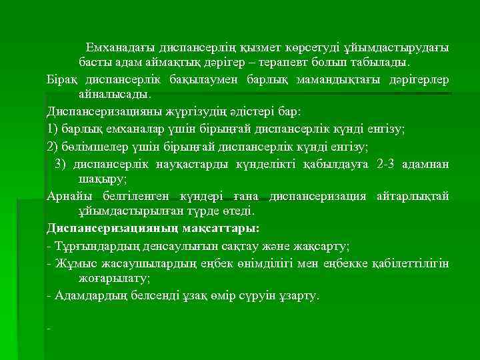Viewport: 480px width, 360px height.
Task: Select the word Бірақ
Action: [63, 80]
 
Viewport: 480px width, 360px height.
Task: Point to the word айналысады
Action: [114, 95]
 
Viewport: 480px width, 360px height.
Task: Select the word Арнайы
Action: [69, 196]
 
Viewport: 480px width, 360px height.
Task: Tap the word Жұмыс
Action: [73, 263]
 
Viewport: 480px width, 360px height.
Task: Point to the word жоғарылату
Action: [113, 278]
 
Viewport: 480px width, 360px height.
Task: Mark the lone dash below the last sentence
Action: [49, 328]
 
